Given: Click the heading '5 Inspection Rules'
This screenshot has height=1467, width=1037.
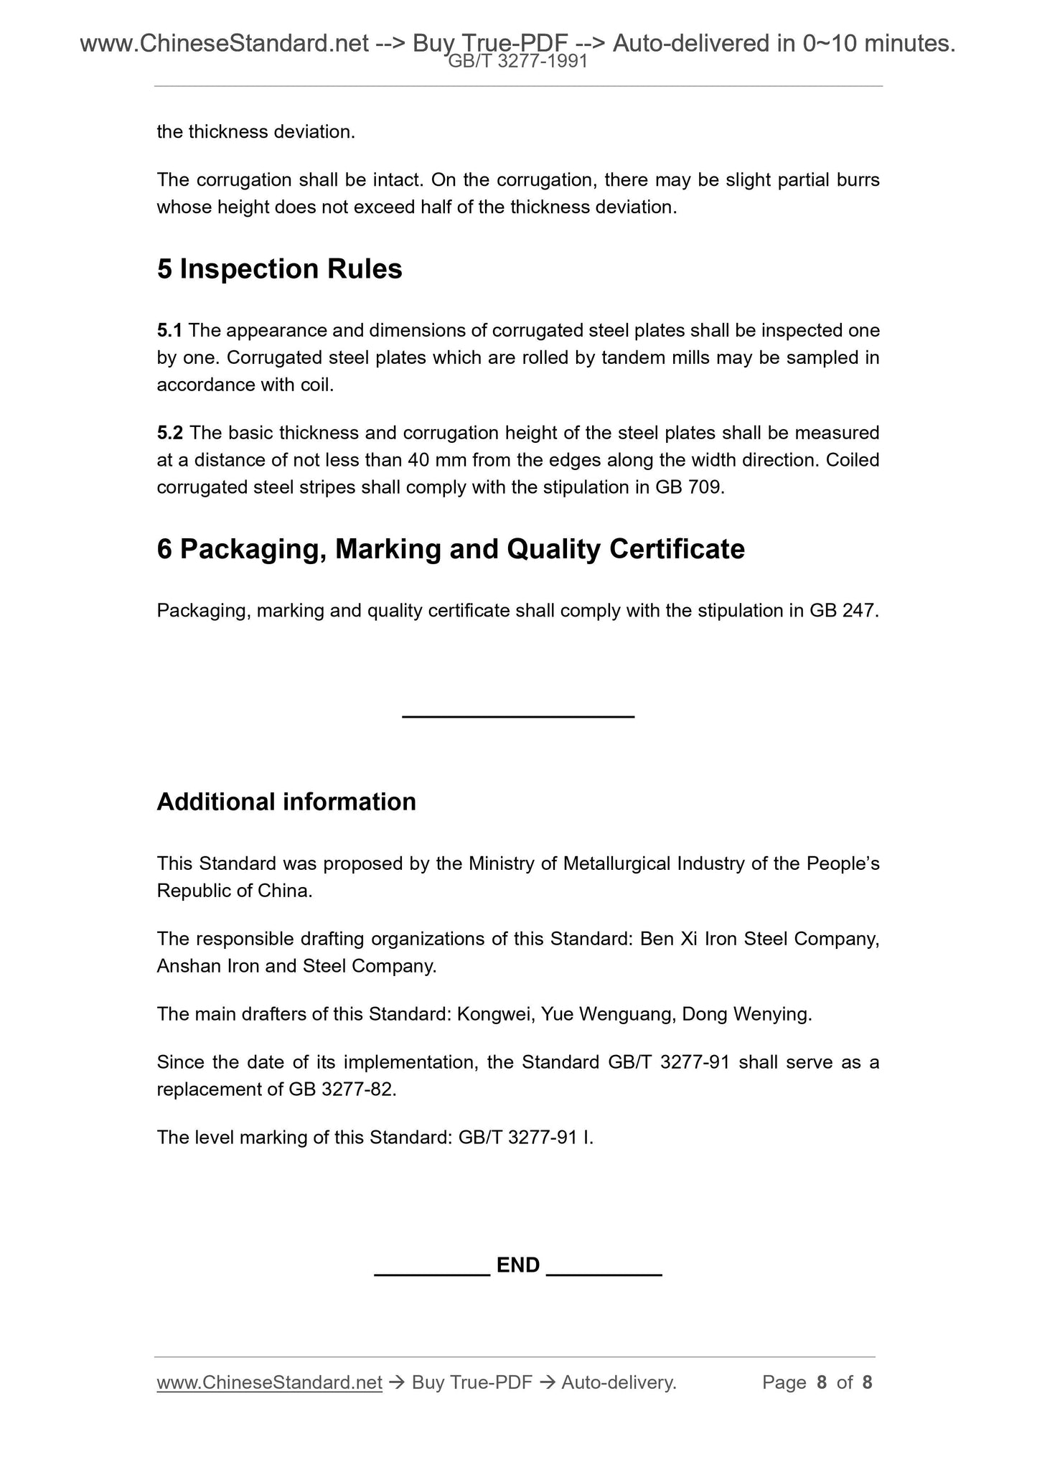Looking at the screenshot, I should click(x=279, y=269).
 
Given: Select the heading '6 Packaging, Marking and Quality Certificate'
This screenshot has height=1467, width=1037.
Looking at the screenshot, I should click(x=451, y=550).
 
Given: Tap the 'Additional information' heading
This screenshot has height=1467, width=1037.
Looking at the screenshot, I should click(x=286, y=802).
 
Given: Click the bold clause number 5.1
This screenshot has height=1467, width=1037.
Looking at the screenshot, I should click(x=169, y=331).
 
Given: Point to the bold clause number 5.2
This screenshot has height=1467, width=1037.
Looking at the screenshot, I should click(x=170, y=433).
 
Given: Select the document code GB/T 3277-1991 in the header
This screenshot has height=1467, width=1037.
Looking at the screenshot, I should click(x=518, y=62).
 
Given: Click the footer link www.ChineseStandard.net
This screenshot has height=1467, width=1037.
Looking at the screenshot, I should click(x=269, y=1382).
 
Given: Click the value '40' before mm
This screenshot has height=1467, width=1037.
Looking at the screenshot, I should click(x=418, y=460).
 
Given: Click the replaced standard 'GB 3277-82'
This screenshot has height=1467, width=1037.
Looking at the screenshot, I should click(x=341, y=1089).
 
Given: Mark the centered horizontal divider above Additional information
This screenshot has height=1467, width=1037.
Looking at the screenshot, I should click(x=518, y=716).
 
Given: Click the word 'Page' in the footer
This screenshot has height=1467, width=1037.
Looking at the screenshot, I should click(x=784, y=1382).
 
